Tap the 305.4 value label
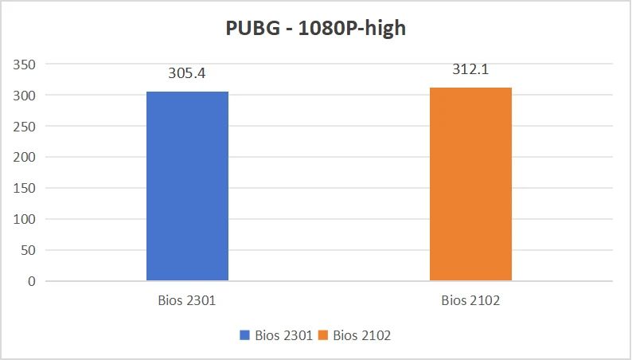click(x=187, y=73)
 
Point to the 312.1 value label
click(x=470, y=70)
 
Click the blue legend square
click(x=245, y=335)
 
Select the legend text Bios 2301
click(x=283, y=335)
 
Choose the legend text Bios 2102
click(x=361, y=335)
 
